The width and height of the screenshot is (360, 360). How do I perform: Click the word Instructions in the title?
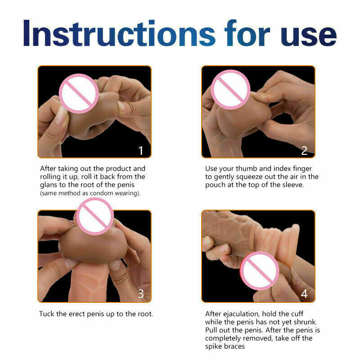click(x=119, y=33)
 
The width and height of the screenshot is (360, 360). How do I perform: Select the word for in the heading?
click(x=247, y=33)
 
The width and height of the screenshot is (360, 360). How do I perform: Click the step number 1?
click(x=141, y=151)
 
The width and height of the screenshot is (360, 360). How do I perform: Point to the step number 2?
click(x=304, y=151)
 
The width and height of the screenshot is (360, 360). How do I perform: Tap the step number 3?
click(x=141, y=294)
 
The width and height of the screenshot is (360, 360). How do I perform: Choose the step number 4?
click(x=304, y=294)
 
